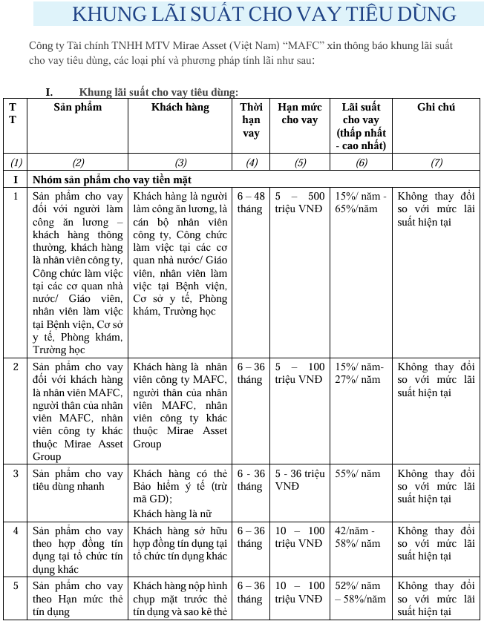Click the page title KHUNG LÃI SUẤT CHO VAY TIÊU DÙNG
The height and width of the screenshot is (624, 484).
tap(264, 13)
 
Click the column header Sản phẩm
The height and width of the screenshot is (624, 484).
tap(78, 107)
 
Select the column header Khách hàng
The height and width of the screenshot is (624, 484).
tap(180, 107)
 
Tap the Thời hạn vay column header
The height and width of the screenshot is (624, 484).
tap(251, 119)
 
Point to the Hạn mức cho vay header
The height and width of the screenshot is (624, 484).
tap(300, 114)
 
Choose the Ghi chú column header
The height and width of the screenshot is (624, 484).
tap(436, 107)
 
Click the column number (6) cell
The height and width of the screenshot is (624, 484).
tap(362, 162)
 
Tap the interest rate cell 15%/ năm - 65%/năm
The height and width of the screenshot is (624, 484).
tap(362, 203)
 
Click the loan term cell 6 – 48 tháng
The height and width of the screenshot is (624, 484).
tap(251, 203)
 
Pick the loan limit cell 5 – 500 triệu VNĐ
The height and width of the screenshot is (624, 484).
tap(300, 203)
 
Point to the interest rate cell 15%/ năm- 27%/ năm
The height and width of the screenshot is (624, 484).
tap(362, 373)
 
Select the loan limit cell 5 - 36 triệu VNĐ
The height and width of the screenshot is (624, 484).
tap(300, 480)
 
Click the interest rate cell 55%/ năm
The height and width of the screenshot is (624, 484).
tap(358, 474)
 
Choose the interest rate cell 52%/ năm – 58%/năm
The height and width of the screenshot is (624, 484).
tap(362, 592)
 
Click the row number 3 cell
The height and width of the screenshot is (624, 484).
tap(16, 473)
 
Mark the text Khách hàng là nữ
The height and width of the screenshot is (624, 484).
tap(170, 513)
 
